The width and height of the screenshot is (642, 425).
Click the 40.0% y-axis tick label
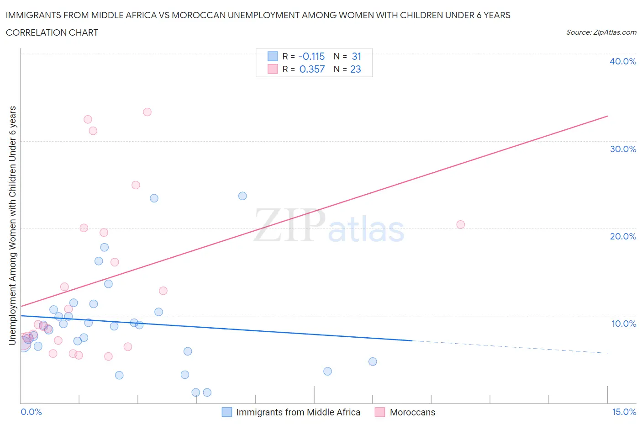point(622,61)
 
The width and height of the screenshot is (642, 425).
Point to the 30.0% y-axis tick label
point(622,149)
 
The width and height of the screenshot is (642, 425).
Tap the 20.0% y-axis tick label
point(622,236)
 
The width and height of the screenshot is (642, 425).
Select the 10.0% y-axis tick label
point(623,324)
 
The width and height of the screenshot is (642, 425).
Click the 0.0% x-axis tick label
point(31,412)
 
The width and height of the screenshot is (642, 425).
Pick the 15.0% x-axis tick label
point(624,412)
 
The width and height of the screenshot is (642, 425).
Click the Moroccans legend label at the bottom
point(412,412)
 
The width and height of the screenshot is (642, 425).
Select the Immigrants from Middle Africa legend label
point(298,412)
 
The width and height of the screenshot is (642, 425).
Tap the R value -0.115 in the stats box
point(311,56)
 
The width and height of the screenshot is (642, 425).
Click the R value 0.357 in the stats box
point(312,69)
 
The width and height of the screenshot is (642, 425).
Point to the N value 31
point(356,56)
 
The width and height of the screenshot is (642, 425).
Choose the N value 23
point(355,69)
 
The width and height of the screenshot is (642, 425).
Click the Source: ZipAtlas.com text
point(601,32)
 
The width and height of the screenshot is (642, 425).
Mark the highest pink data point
point(147,112)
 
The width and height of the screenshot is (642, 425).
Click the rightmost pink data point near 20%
point(460,224)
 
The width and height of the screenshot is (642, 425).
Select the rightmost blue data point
point(373,361)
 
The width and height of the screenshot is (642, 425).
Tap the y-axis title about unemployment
point(12,225)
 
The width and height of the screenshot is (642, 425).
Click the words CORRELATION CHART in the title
point(52,32)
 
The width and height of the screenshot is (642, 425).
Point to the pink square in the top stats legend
point(273,69)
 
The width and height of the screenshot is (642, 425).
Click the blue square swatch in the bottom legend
point(226,412)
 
